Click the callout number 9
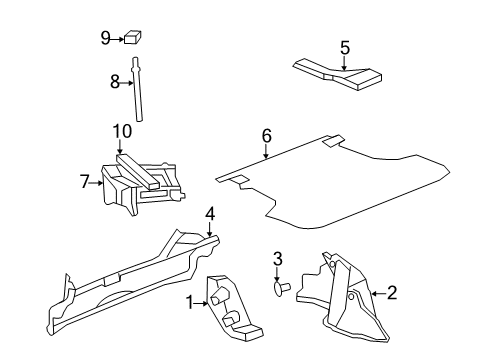105,39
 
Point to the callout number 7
84,181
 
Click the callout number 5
344,46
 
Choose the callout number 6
266,137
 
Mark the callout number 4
210,214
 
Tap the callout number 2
391,293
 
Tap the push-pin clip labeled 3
280,288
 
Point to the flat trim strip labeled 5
340,70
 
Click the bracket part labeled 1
230,305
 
